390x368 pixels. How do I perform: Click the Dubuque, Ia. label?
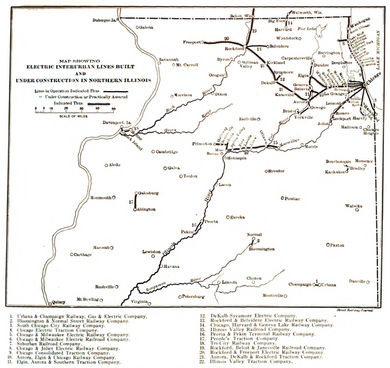pos(110,20)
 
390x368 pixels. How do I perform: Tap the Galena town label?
pos(148,27)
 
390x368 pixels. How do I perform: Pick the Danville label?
pos(357,281)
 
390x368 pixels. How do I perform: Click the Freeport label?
pos(192,42)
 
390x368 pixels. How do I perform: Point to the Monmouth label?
pos(100,197)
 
